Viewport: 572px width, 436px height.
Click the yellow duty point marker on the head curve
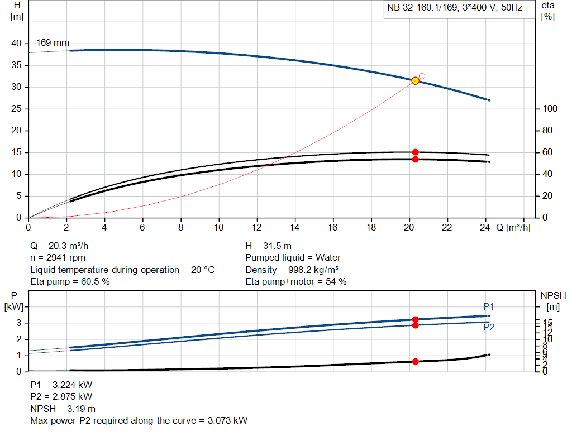(415, 81)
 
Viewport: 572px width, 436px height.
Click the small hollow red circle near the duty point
(422, 76)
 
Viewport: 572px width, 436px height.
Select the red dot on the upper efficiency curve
(415, 152)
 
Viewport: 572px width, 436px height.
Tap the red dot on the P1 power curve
(415, 320)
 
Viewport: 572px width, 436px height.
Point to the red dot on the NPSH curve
(415, 362)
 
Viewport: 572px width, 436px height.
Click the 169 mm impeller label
(53, 42)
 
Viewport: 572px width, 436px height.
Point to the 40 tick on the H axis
(16, 44)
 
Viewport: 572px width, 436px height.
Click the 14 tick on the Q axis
(294, 228)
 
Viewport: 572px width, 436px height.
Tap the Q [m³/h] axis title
(513, 228)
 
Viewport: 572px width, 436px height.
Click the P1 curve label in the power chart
(489, 306)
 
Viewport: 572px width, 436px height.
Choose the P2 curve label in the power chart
(489, 328)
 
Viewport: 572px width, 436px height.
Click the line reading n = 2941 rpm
(59, 258)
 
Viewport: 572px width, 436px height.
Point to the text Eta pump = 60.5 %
(70, 282)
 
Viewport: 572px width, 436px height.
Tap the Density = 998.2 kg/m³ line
(292, 270)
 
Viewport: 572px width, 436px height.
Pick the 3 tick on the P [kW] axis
(18, 323)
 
